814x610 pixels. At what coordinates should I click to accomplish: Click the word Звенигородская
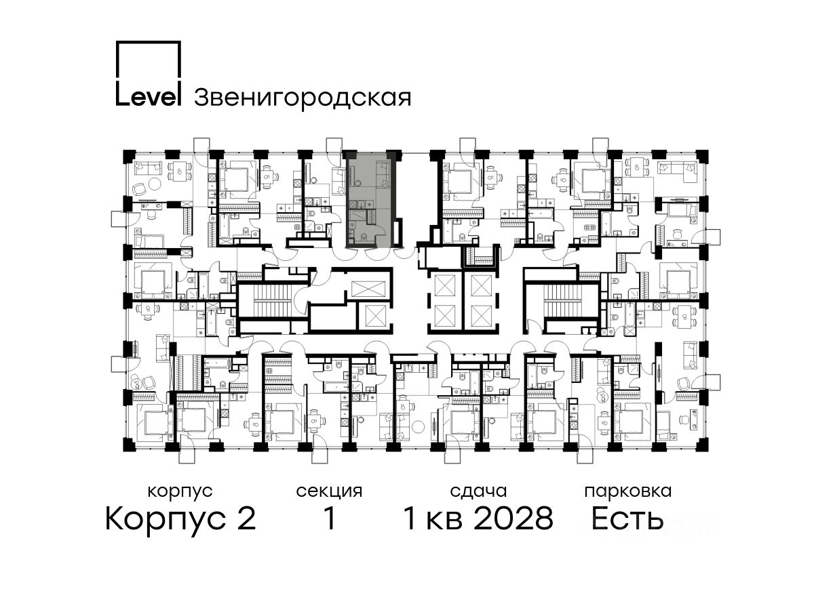click(x=303, y=98)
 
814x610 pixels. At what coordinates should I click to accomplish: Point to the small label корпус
click(x=180, y=492)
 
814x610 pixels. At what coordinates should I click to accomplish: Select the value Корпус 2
click(x=181, y=518)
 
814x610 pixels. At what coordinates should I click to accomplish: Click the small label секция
click(x=329, y=491)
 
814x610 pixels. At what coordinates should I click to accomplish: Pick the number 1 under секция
click(x=329, y=518)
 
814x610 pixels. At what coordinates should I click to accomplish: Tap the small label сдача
click(x=478, y=491)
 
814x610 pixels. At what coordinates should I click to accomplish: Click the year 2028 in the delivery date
click(x=514, y=518)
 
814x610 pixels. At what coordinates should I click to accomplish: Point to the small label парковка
click(x=628, y=491)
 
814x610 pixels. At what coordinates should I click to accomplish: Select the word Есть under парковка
click(x=627, y=518)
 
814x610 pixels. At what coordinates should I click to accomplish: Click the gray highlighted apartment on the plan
click(x=368, y=201)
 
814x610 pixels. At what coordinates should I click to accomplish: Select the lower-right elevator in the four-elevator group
click(x=481, y=316)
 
